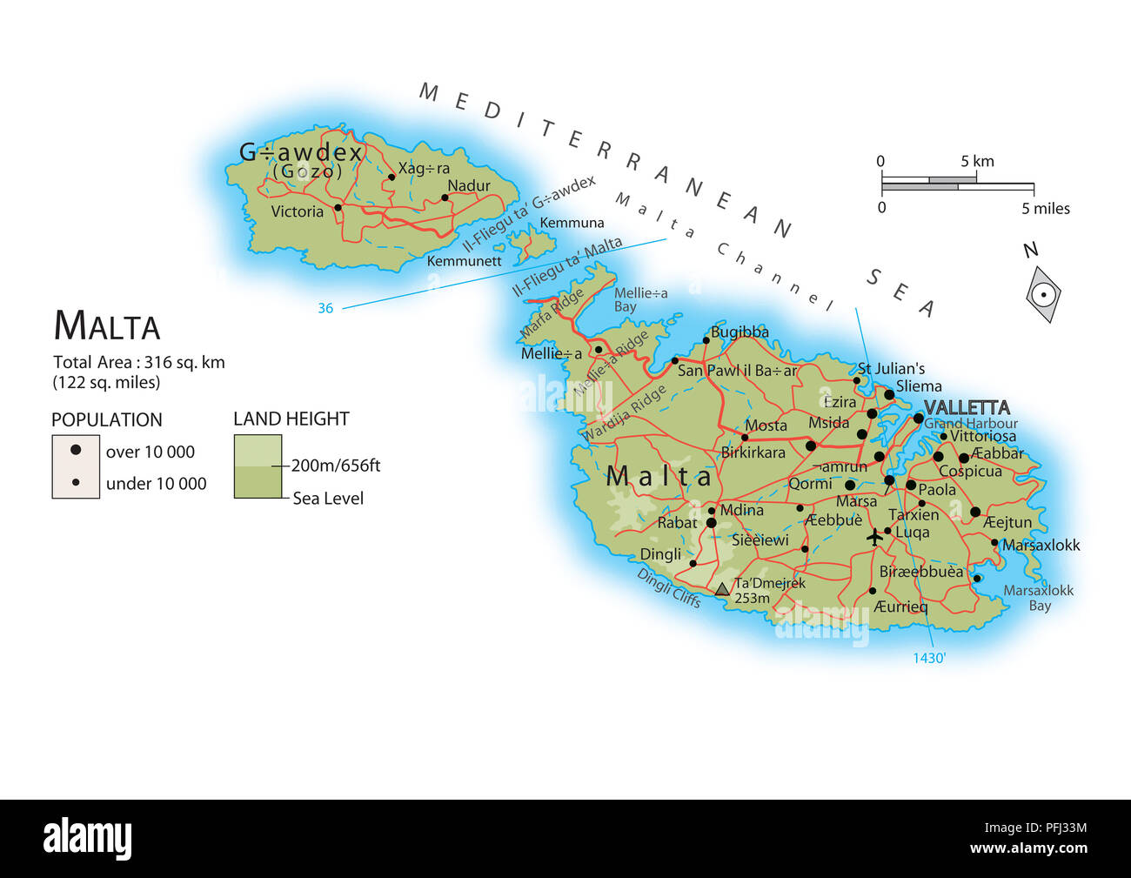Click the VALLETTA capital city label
coord(967,407)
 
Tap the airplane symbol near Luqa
coord(875,538)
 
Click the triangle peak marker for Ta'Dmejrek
coord(722,589)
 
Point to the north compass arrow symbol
coord(1043,295)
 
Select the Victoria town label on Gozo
coord(297,211)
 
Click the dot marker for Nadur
coord(445,198)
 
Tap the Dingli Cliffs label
coord(668,587)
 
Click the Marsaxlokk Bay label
coord(1039,598)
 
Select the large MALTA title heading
coord(107,326)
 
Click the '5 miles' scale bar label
coord(1046,209)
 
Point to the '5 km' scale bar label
coord(977,161)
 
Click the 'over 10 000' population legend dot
coord(76,451)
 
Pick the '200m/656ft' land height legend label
coord(336,466)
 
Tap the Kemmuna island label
coord(572,223)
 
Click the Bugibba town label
coord(739,332)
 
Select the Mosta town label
coord(766,426)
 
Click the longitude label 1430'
coord(928,658)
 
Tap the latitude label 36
coord(325,308)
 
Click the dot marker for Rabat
coord(711,523)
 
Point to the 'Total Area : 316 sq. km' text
coord(139,362)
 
